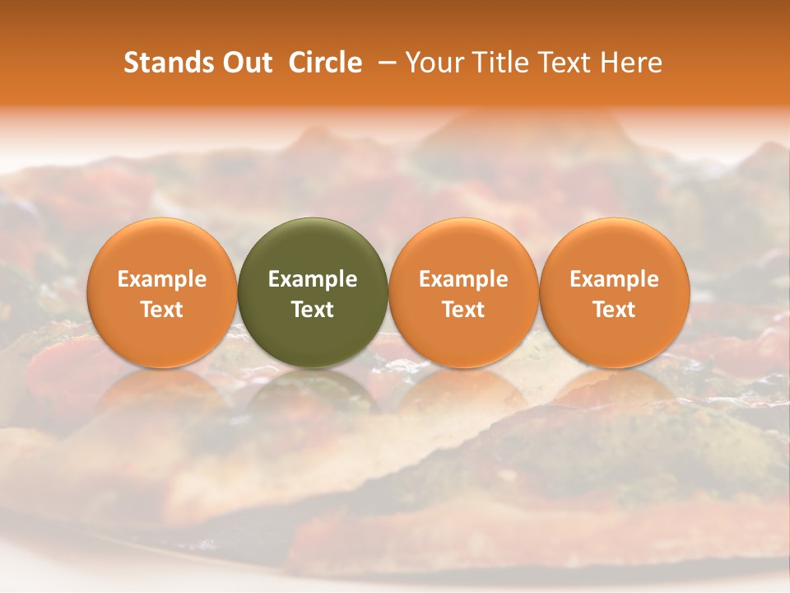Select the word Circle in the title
pos(325,63)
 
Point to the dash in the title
pos(383,63)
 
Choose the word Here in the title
pos(632,63)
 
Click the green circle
pos(313,292)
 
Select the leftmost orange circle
pos(161,292)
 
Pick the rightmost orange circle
pos(615,292)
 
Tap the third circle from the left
pos(463,292)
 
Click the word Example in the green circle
pos(313,279)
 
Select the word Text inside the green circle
pos(313,310)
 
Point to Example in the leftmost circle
pos(161,279)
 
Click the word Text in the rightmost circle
pos(615,310)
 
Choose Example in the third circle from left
pos(463,279)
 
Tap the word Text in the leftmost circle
pos(161,310)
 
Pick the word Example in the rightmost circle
pos(615,279)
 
